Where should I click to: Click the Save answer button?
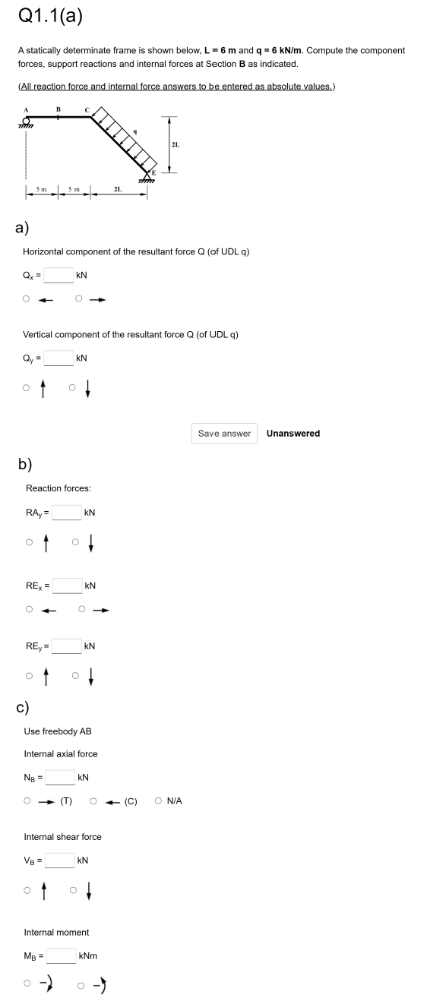pos(224,433)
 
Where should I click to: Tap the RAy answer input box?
pos(66,513)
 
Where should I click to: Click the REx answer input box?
pos(66,586)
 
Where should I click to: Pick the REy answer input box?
pos(66,646)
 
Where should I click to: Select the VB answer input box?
pos(61,860)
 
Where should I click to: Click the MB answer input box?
pos(61,955)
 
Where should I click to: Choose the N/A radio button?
pos(157,800)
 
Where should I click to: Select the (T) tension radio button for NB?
pos(27,800)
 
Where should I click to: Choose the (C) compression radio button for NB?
pos(93,800)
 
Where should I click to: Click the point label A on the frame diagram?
pos(26,109)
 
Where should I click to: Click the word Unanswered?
pos(293,433)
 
